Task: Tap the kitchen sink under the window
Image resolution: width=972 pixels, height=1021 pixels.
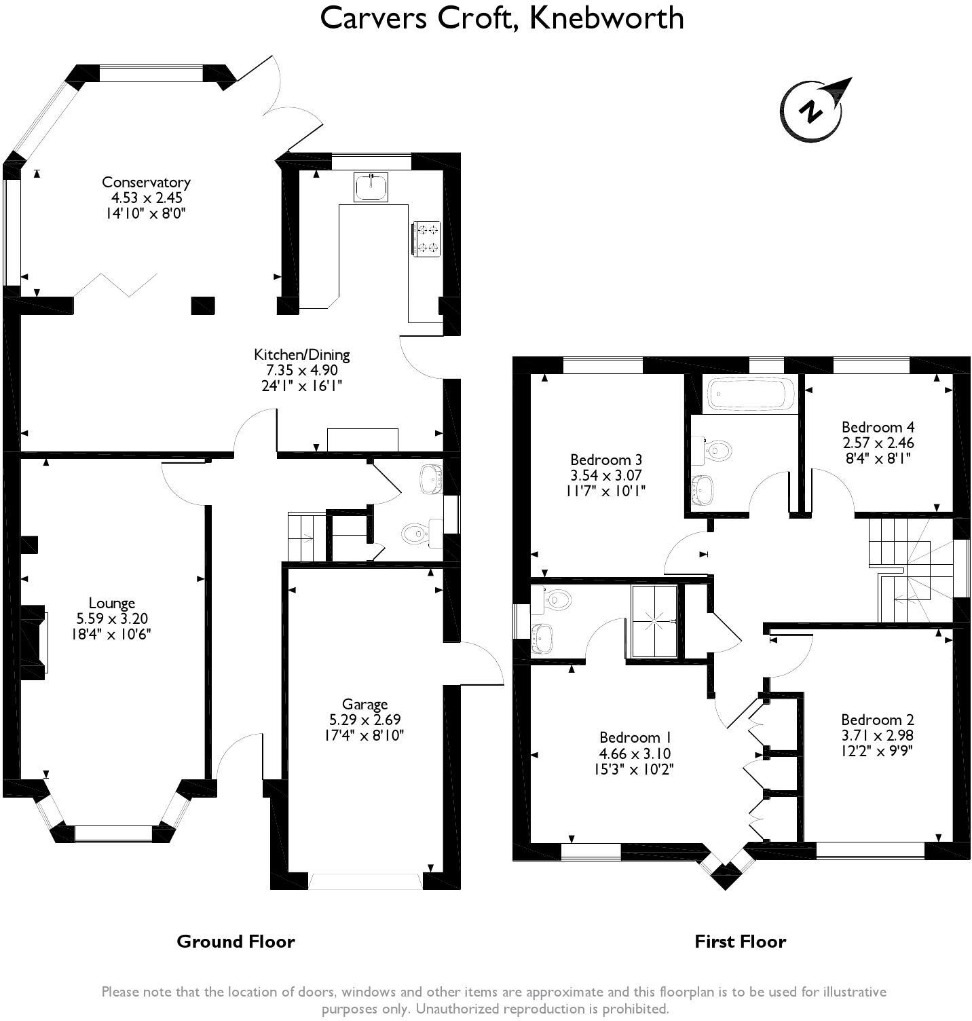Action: point(371,187)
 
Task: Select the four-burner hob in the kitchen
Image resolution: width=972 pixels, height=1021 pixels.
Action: point(426,239)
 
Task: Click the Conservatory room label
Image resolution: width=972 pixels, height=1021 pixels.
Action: point(146,182)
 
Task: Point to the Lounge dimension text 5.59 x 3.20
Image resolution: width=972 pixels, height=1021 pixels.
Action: point(112,618)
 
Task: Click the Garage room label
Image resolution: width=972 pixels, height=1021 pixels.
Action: point(364,704)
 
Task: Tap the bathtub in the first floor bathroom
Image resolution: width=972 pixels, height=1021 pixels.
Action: point(751,394)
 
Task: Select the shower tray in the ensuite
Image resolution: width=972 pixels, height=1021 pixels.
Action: point(654,620)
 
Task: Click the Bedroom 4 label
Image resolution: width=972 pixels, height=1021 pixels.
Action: point(878,427)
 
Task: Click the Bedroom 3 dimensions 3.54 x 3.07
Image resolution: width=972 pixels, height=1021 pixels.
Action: point(606,475)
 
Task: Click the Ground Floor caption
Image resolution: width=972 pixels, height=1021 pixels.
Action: point(236,942)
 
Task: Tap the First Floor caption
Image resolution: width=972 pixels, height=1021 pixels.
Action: point(740,942)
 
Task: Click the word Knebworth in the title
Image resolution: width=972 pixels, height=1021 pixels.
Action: point(606,18)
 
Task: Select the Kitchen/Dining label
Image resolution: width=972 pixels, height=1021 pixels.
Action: point(301,354)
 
